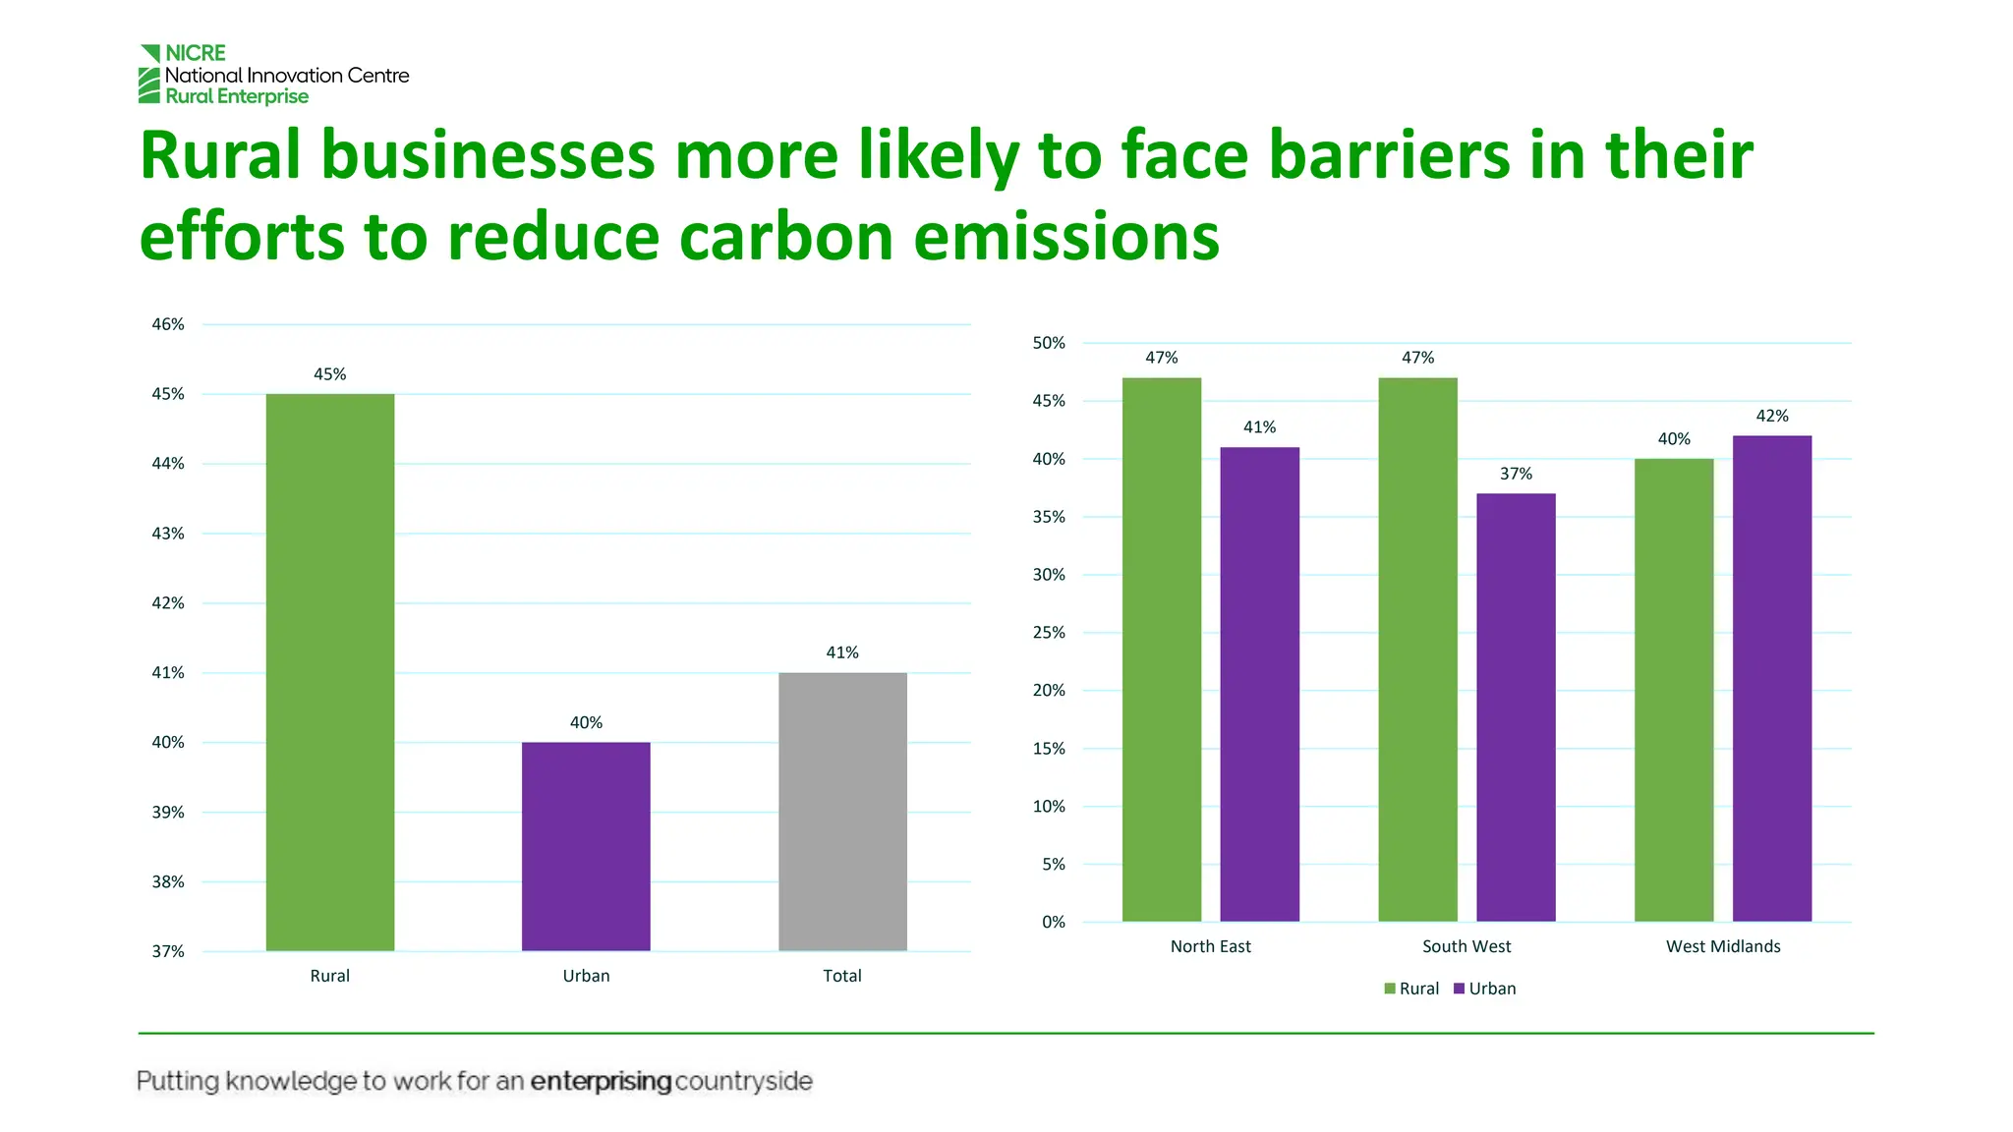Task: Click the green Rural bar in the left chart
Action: click(x=330, y=672)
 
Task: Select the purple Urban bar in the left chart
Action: click(x=586, y=846)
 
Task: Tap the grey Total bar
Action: click(x=842, y=812)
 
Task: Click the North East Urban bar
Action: click(x=1259, y=684)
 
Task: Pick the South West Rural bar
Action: click(x=1417, y=650)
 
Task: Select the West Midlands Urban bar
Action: click(x=1771, y=678)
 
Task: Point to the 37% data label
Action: click(x=1516, y=474)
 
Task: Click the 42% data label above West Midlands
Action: click(x=1772, y=416)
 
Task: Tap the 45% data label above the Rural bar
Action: click(x=330, y=374)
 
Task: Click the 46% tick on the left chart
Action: click(x=168, y=324)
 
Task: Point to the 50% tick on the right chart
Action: click(x=1049, y=343)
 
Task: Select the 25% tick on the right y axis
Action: click(x=1049, y=633)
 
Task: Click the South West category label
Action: click(x=1467, y=946)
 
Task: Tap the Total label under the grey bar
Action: click(x=842, y=976)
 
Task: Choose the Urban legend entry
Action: click(x=1485, y=989)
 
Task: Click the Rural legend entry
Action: click(x=1412, y=989)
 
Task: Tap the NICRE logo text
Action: click(x=196, y=53)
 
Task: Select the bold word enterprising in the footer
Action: click(x=601, y=1082)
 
